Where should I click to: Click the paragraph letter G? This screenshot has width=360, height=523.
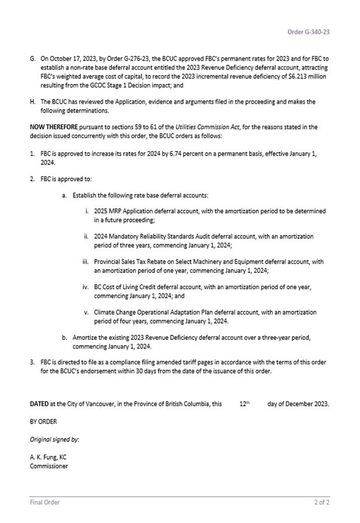[x=33, y=59]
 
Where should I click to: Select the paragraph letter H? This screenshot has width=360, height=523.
[x=33, y=101]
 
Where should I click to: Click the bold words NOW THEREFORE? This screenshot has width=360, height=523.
[x=52, y=127]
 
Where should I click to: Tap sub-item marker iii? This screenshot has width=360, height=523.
[x=86, y=262]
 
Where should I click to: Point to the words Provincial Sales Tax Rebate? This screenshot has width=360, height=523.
[x=131, y=262]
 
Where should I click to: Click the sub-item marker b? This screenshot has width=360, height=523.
[x=64, y=338]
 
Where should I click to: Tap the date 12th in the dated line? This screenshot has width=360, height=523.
[x=245, y=403]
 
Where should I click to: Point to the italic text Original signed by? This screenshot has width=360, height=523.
[x=55, y=439]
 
